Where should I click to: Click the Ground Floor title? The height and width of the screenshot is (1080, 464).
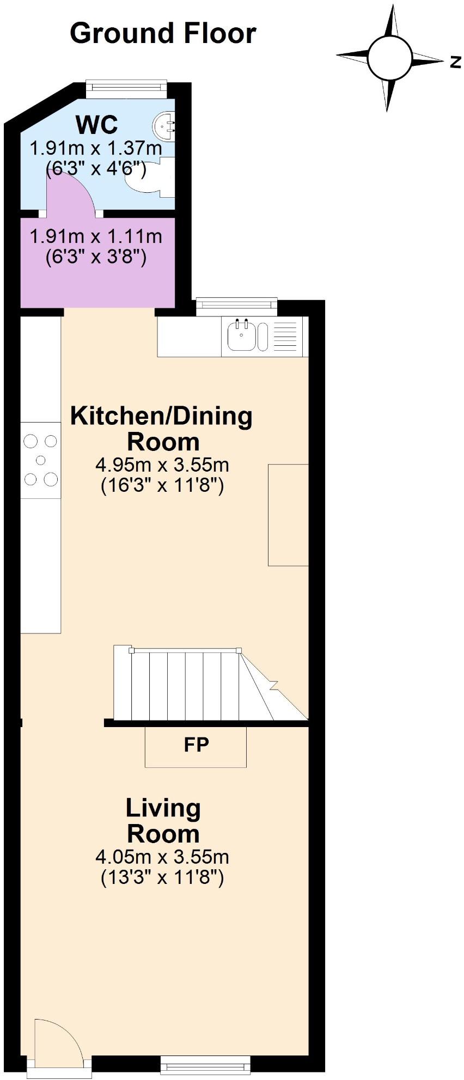(163, 33)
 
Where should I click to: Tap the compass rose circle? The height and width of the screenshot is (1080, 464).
(390, 57)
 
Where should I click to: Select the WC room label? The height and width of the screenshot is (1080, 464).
(96, 125)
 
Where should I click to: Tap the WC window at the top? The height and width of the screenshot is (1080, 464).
(126, 87)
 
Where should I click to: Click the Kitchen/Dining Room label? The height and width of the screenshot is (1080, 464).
(162, 429)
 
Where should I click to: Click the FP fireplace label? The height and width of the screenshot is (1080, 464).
(196, 745)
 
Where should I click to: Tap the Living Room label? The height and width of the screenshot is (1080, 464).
(163, 821)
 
